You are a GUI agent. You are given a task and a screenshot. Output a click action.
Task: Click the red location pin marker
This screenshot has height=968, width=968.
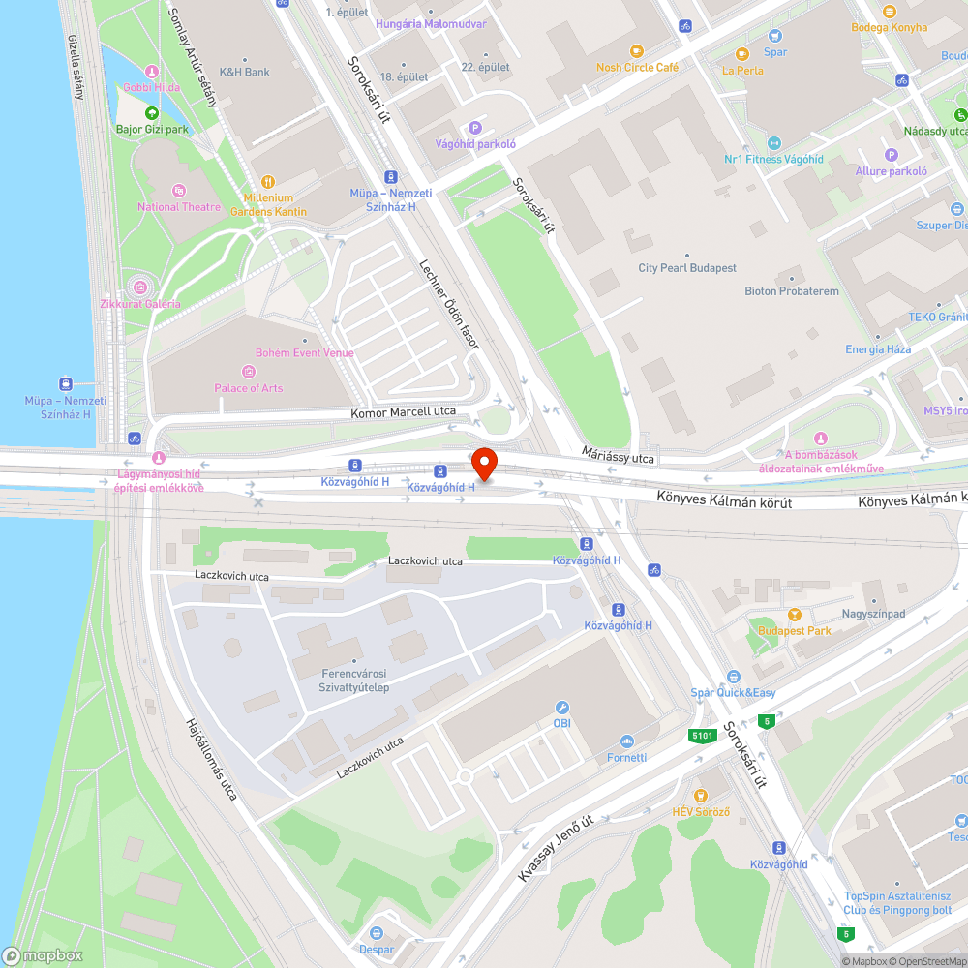(x=483, y=464)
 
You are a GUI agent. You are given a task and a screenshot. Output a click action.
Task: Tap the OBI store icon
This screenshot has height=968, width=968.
(x=561, y=708)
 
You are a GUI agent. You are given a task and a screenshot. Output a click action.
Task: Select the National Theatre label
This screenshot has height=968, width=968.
(x=179, y=206)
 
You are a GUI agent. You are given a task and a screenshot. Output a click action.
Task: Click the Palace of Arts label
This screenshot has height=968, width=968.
(x=249, y=388)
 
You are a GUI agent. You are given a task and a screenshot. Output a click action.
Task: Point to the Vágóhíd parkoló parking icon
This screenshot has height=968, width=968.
(x=474, y=128)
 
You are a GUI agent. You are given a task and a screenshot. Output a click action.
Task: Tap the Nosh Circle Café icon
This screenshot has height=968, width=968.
(x=636, y=50)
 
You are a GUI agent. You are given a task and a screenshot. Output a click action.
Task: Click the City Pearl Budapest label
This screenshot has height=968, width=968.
(x=687, y=268)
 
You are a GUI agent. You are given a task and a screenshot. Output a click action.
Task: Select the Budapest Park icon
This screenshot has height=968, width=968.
(x=795, y=615)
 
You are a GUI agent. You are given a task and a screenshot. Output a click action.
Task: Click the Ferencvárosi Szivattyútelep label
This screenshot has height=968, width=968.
(x=353, y=680)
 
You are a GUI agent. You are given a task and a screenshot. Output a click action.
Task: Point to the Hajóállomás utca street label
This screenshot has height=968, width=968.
(x=211, y=758)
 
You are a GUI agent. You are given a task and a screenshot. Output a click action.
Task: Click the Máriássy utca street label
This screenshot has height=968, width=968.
(x=619, y=455)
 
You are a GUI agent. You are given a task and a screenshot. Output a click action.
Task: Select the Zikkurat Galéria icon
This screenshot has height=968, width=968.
(x=140, y=287)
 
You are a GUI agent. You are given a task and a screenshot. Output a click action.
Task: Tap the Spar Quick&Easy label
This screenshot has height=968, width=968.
(x=733, y=692)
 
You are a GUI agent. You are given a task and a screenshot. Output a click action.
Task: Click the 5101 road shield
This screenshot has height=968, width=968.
(x=703, y=736)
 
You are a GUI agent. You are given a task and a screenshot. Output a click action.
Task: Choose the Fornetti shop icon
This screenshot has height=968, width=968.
(x=626, y=741)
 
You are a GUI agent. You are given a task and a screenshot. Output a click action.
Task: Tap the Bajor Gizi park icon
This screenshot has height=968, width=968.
(x=152, y=113)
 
